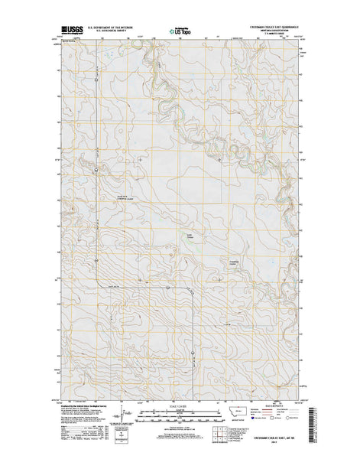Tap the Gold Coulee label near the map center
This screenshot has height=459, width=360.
coord(191,236)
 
